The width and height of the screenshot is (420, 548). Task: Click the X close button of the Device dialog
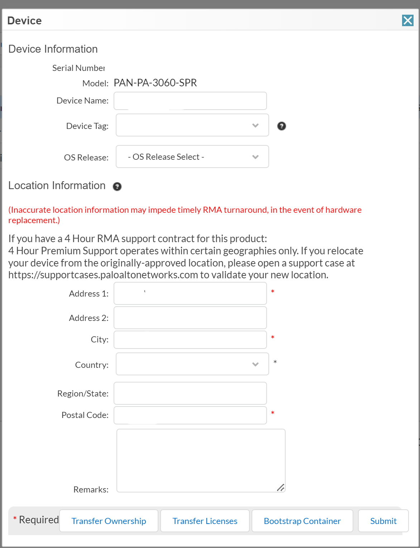click(x=407, y=20)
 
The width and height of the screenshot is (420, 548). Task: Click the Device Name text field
click(x=190, y=101)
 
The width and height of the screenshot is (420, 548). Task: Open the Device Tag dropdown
click(x=192, y=125)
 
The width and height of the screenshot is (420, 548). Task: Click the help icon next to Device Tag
click(x=282, y=126)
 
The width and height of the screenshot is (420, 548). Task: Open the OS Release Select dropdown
click(x=192, y=157)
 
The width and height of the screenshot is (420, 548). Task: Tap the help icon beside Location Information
click(x=117, y=187)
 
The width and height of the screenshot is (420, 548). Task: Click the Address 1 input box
click(x=190, y=293)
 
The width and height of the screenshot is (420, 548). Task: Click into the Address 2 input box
click(x=190, y=318)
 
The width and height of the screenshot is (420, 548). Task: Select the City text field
click(x=190, y=340)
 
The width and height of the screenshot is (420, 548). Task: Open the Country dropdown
click(x=192, y=364)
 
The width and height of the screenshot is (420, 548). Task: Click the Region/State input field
click(x=190, y=393)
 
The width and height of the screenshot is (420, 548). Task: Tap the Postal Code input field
click(x=190, y=415)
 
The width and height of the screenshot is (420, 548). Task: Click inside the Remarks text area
click(x=201, y=460)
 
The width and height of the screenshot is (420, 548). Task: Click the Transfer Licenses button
click(x=205, y=521)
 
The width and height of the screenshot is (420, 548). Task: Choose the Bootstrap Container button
click(x=302, y=521)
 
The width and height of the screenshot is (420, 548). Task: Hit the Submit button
click(x=383, y=521)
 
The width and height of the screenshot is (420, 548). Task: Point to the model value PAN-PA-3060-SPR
click(x=155, y=83)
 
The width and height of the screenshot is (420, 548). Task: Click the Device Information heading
click(x=53, y=49)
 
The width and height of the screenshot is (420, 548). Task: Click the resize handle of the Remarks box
click(x=281, y=487)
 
